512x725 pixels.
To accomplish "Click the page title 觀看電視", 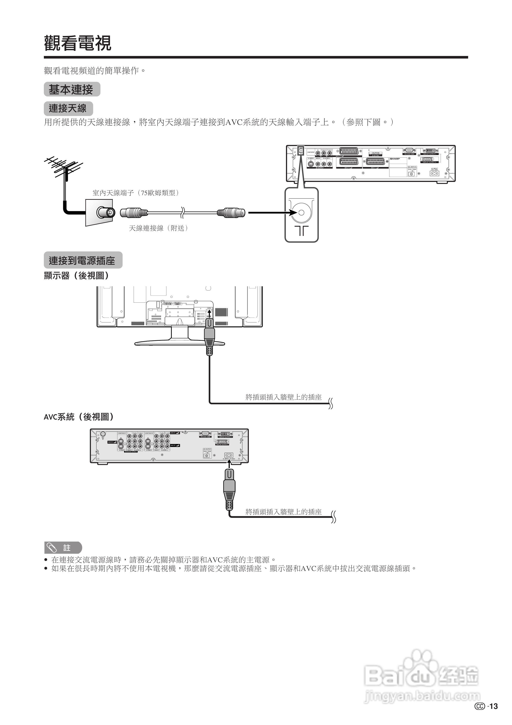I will [x=78, y=43].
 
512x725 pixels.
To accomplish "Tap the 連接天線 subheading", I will [x=68, y=109].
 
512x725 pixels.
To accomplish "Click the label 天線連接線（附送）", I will [x=159, y=228].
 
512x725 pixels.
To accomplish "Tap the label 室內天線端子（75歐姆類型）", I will [x=136, y=193].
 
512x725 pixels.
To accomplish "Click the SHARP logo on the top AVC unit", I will [x=395, y=159].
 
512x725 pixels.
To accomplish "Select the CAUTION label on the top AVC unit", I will [x=375, y=153].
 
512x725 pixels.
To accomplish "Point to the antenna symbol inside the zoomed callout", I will [x=301, y=231].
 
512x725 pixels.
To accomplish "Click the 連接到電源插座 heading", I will [x=83, y=260].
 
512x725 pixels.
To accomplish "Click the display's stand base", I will [x=180, y=343].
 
